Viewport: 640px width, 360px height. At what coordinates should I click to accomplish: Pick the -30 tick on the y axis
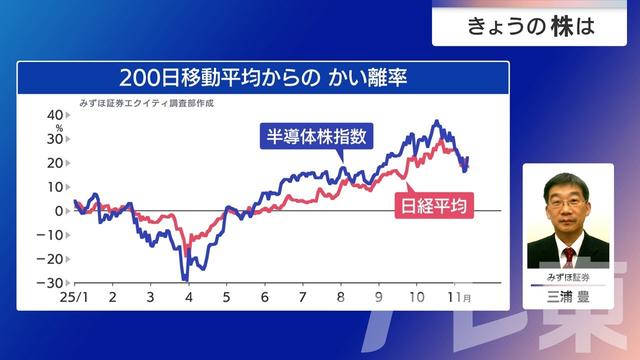coord(54,283)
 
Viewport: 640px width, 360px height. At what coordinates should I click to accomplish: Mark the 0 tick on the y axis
coord(60,211)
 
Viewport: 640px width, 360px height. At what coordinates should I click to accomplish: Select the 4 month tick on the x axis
coord(188,298)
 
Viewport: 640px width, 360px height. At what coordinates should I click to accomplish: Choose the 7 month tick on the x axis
coord(303,298)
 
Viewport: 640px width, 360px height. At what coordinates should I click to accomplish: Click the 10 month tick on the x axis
coord(417,298)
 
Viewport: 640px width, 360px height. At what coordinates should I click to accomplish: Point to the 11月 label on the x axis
coord(460,298)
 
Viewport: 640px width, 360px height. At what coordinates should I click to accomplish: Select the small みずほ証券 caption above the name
coord(568,275)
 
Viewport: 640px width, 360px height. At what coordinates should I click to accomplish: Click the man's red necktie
coord(568,255)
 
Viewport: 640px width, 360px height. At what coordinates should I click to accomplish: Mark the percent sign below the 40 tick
coord(60,128)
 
